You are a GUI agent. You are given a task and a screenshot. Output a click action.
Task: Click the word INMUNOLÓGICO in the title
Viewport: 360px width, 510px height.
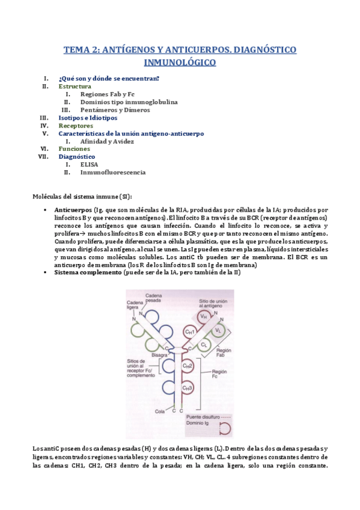pos(180,62)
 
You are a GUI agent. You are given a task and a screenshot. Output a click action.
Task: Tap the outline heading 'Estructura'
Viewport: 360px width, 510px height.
pos(75,87)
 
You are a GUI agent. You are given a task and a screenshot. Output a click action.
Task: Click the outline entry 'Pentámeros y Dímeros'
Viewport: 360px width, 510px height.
pos(115,110)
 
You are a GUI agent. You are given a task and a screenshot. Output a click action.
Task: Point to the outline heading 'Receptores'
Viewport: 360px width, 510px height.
pos(76,126)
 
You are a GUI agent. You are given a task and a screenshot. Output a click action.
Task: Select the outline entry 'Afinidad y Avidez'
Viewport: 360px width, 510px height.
pos(108,141)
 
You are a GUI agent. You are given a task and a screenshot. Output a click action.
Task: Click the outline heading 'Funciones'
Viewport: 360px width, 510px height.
pos(74,149)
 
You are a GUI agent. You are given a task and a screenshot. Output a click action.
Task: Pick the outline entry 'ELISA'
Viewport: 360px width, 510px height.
pos(89,164)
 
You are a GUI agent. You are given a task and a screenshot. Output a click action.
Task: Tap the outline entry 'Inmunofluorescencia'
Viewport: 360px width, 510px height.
pos(113,172)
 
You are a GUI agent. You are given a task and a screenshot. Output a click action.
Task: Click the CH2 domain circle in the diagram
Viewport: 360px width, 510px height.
pos(188,366)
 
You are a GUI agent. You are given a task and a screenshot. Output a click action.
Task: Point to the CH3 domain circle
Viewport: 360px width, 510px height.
pos(188,388)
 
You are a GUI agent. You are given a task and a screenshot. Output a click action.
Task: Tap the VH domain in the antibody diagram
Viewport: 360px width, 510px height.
pos(204,316)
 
